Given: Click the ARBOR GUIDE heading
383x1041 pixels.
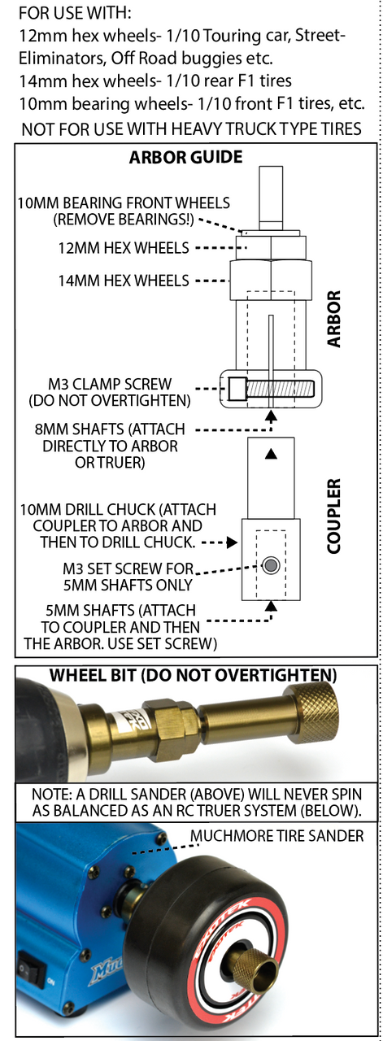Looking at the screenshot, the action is (185, 157).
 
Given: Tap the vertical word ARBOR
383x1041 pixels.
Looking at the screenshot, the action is (333, 319).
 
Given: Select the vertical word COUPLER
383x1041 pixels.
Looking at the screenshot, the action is (333, 516).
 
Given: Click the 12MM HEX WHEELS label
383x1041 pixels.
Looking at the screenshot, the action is (124, 248).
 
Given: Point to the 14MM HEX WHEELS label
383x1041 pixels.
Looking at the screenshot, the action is (124, 281).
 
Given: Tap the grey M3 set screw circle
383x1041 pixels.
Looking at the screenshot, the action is (271, 565).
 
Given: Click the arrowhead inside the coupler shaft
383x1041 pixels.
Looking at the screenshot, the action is (271, 454).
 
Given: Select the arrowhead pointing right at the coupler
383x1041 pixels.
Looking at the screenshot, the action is (233, 542).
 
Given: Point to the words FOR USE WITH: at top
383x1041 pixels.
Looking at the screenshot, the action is (76, 14).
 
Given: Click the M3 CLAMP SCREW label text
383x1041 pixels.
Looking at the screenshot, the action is (110, 385).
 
